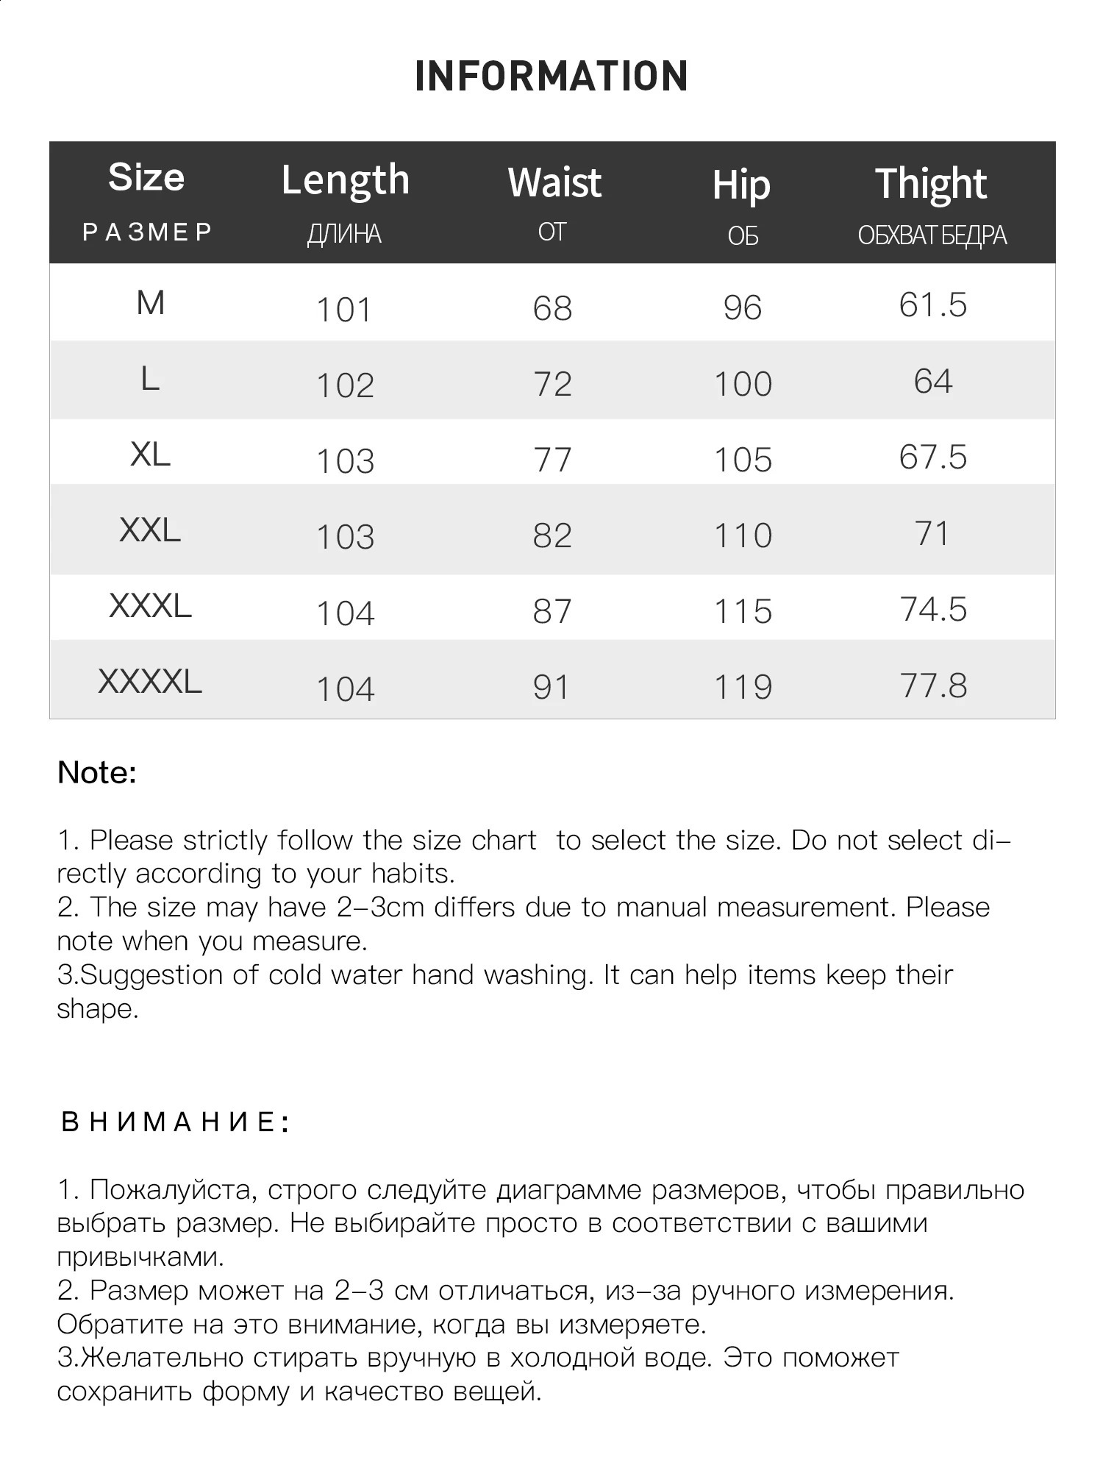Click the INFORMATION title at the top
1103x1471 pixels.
(551, 76)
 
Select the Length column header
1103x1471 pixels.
(345, 180)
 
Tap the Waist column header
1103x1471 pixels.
(554, 182)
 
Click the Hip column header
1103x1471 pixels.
(741, 185)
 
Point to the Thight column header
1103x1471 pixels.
(931, 183)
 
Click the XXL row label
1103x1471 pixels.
(150, 530)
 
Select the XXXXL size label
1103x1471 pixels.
(150, 682)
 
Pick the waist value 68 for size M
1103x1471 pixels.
(552, 308)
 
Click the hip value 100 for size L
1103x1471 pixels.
(743, 384)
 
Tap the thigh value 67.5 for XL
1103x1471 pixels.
(932, 457)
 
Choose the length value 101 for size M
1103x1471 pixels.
(344, 310)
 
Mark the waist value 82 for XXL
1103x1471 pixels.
(552, 535)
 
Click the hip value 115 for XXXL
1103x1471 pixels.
(743, 611)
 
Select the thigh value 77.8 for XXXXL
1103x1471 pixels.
(933, 685)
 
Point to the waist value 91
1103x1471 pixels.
(551, 687)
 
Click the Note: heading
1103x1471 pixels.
(97, 772)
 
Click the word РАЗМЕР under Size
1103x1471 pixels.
(147, 232)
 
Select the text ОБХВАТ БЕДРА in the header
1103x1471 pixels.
(932, 235)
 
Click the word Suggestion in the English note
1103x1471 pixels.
(151, 975)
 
